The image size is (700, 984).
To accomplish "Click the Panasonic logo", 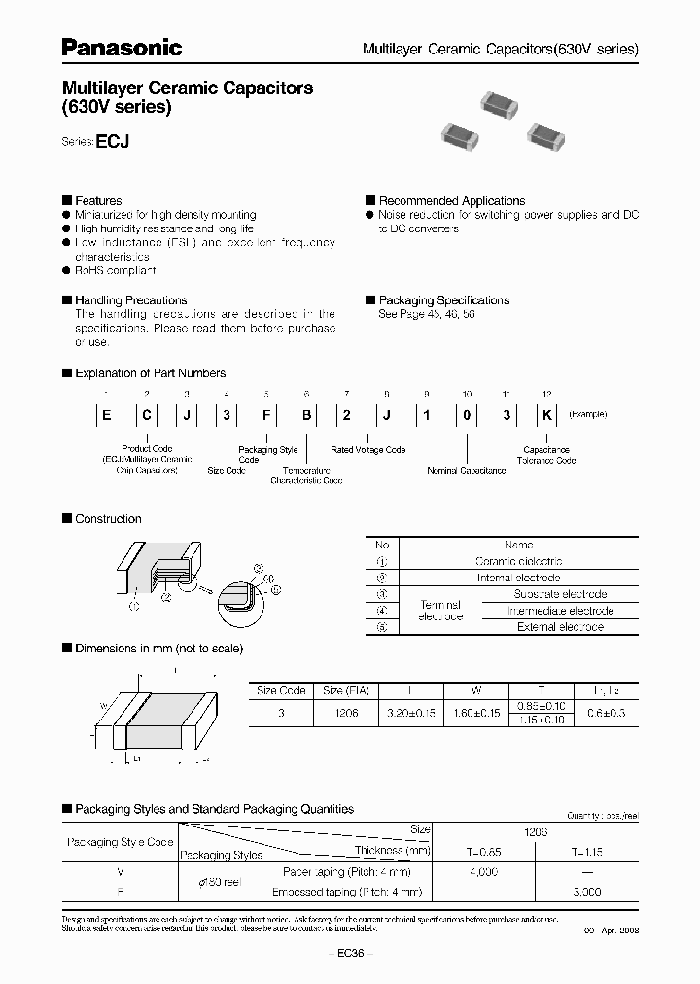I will (x=122, y=46).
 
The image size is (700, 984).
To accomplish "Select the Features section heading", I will (x=98, y=201).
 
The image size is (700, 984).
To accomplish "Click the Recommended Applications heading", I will (x=451, y=201).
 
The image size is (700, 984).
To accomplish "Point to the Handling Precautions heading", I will (x=130, y=300).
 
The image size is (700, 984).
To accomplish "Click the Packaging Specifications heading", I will (x=443, y=300).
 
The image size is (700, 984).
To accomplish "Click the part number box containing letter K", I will (x=547, y=415).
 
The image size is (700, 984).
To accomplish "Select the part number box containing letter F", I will (x=264, y=415).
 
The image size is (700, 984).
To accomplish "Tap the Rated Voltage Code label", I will (x=368, y=450).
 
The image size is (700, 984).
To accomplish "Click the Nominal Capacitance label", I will (x=467, y=470).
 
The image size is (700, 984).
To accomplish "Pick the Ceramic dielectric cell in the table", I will (x=518, y=561).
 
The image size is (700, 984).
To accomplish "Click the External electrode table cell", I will (x=561, y=627).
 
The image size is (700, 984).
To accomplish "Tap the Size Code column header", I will (x=281, y=690).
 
